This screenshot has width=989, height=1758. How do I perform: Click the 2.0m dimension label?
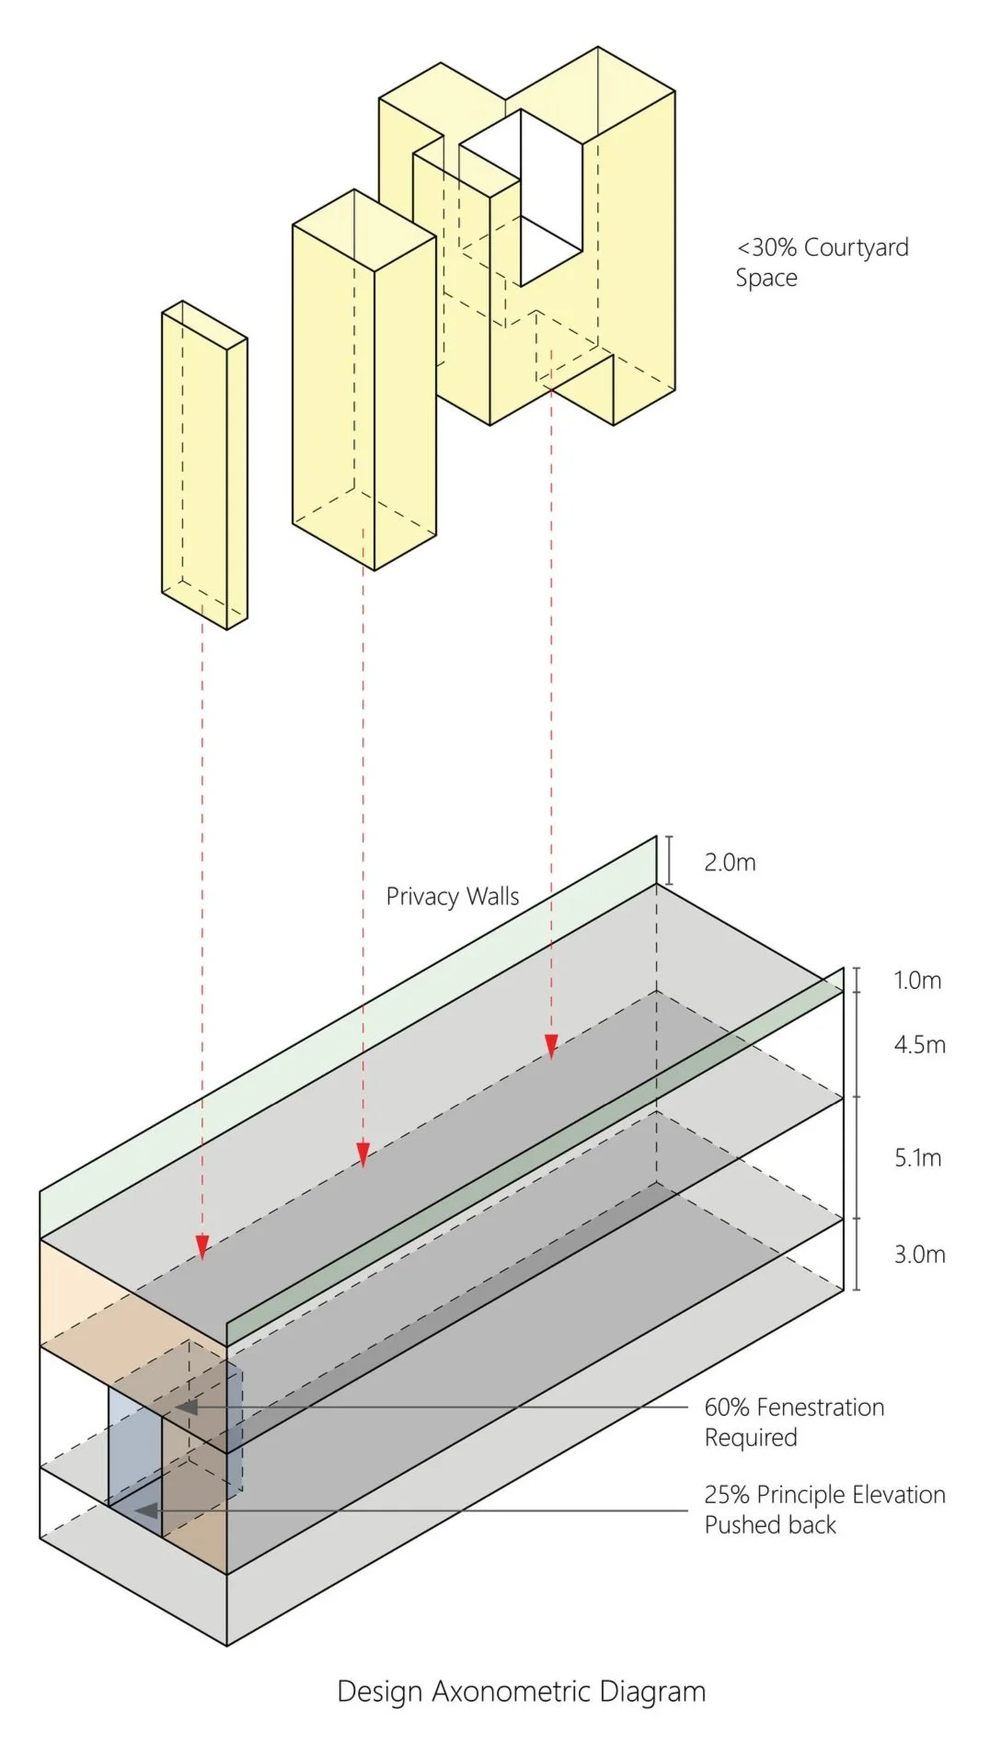coord(730,863)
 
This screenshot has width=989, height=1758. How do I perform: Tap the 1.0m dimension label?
coord(917,981)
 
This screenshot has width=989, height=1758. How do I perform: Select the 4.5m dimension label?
coord(919,1045)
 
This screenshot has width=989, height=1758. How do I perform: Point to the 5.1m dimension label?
coord(918,1158)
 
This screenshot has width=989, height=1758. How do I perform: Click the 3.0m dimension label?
coord(919,1255)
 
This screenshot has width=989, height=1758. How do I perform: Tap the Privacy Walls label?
coord(452,897)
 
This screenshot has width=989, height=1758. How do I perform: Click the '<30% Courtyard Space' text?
coord(822,262)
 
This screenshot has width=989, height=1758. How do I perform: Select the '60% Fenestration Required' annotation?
coord(794,1422)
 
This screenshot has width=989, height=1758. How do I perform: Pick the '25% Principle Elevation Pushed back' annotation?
coord(824,1510)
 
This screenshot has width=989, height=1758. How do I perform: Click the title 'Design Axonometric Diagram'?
coord(521,1692)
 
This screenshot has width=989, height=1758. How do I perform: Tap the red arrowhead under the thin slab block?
coord(201,1247)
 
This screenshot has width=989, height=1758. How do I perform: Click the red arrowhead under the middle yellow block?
coord(362,1155)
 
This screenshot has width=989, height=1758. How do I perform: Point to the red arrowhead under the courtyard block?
coord(551,1047)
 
